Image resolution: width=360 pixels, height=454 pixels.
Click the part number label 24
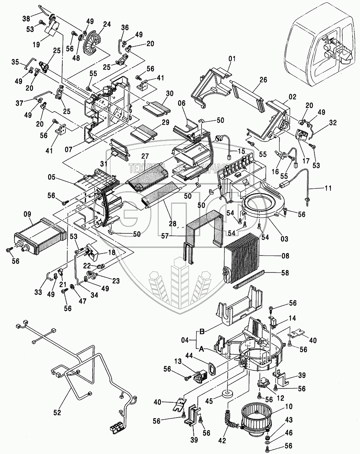pyautogui.click(x=107, y=24)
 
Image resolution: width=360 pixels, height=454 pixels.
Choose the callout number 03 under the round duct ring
pyautogui.click(x=285, y=239)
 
